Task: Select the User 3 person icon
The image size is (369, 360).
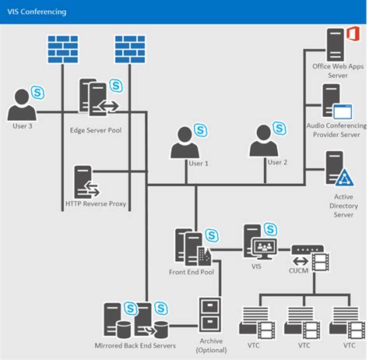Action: click(21, 106)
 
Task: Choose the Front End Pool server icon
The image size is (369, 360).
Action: click(190, 245)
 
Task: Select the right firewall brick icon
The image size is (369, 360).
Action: click(132, 51)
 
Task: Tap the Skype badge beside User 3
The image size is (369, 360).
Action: click(38, 93)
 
